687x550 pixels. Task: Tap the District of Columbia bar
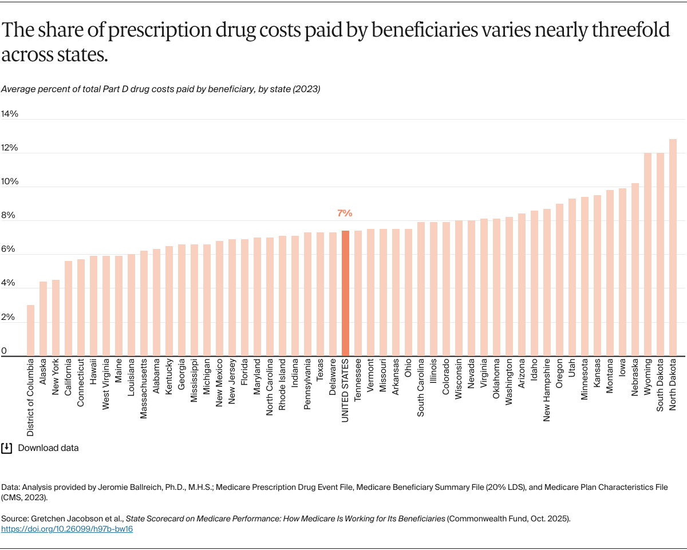tap(30, 330)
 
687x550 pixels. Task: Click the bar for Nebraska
tap(635, 270)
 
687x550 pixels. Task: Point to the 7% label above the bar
tap(345, 213)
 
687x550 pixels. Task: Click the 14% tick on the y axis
tap(10, 114)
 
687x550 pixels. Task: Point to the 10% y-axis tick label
tap(10, 181)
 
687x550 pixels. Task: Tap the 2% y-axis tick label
tap(8, 316)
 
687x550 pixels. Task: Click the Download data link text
tap(48, 448)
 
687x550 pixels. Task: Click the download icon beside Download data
tap(7, 448)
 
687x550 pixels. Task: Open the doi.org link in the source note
tap(67, 529)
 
